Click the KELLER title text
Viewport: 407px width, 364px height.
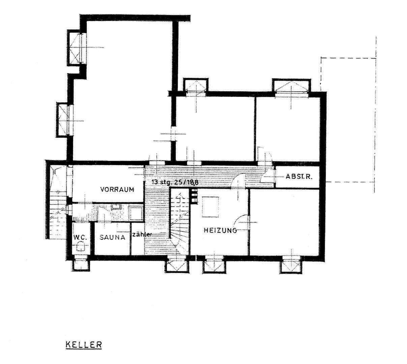pos(83,345)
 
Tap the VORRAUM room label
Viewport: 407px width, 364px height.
pos(117,189)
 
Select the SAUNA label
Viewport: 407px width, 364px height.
pos(112,237)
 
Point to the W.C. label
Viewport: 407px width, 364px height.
pos(81,237)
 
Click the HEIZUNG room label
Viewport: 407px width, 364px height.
pos(220,231)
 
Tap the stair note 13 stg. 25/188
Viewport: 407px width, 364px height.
pos(175,182)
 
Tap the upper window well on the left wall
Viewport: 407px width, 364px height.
pos(76,47)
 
